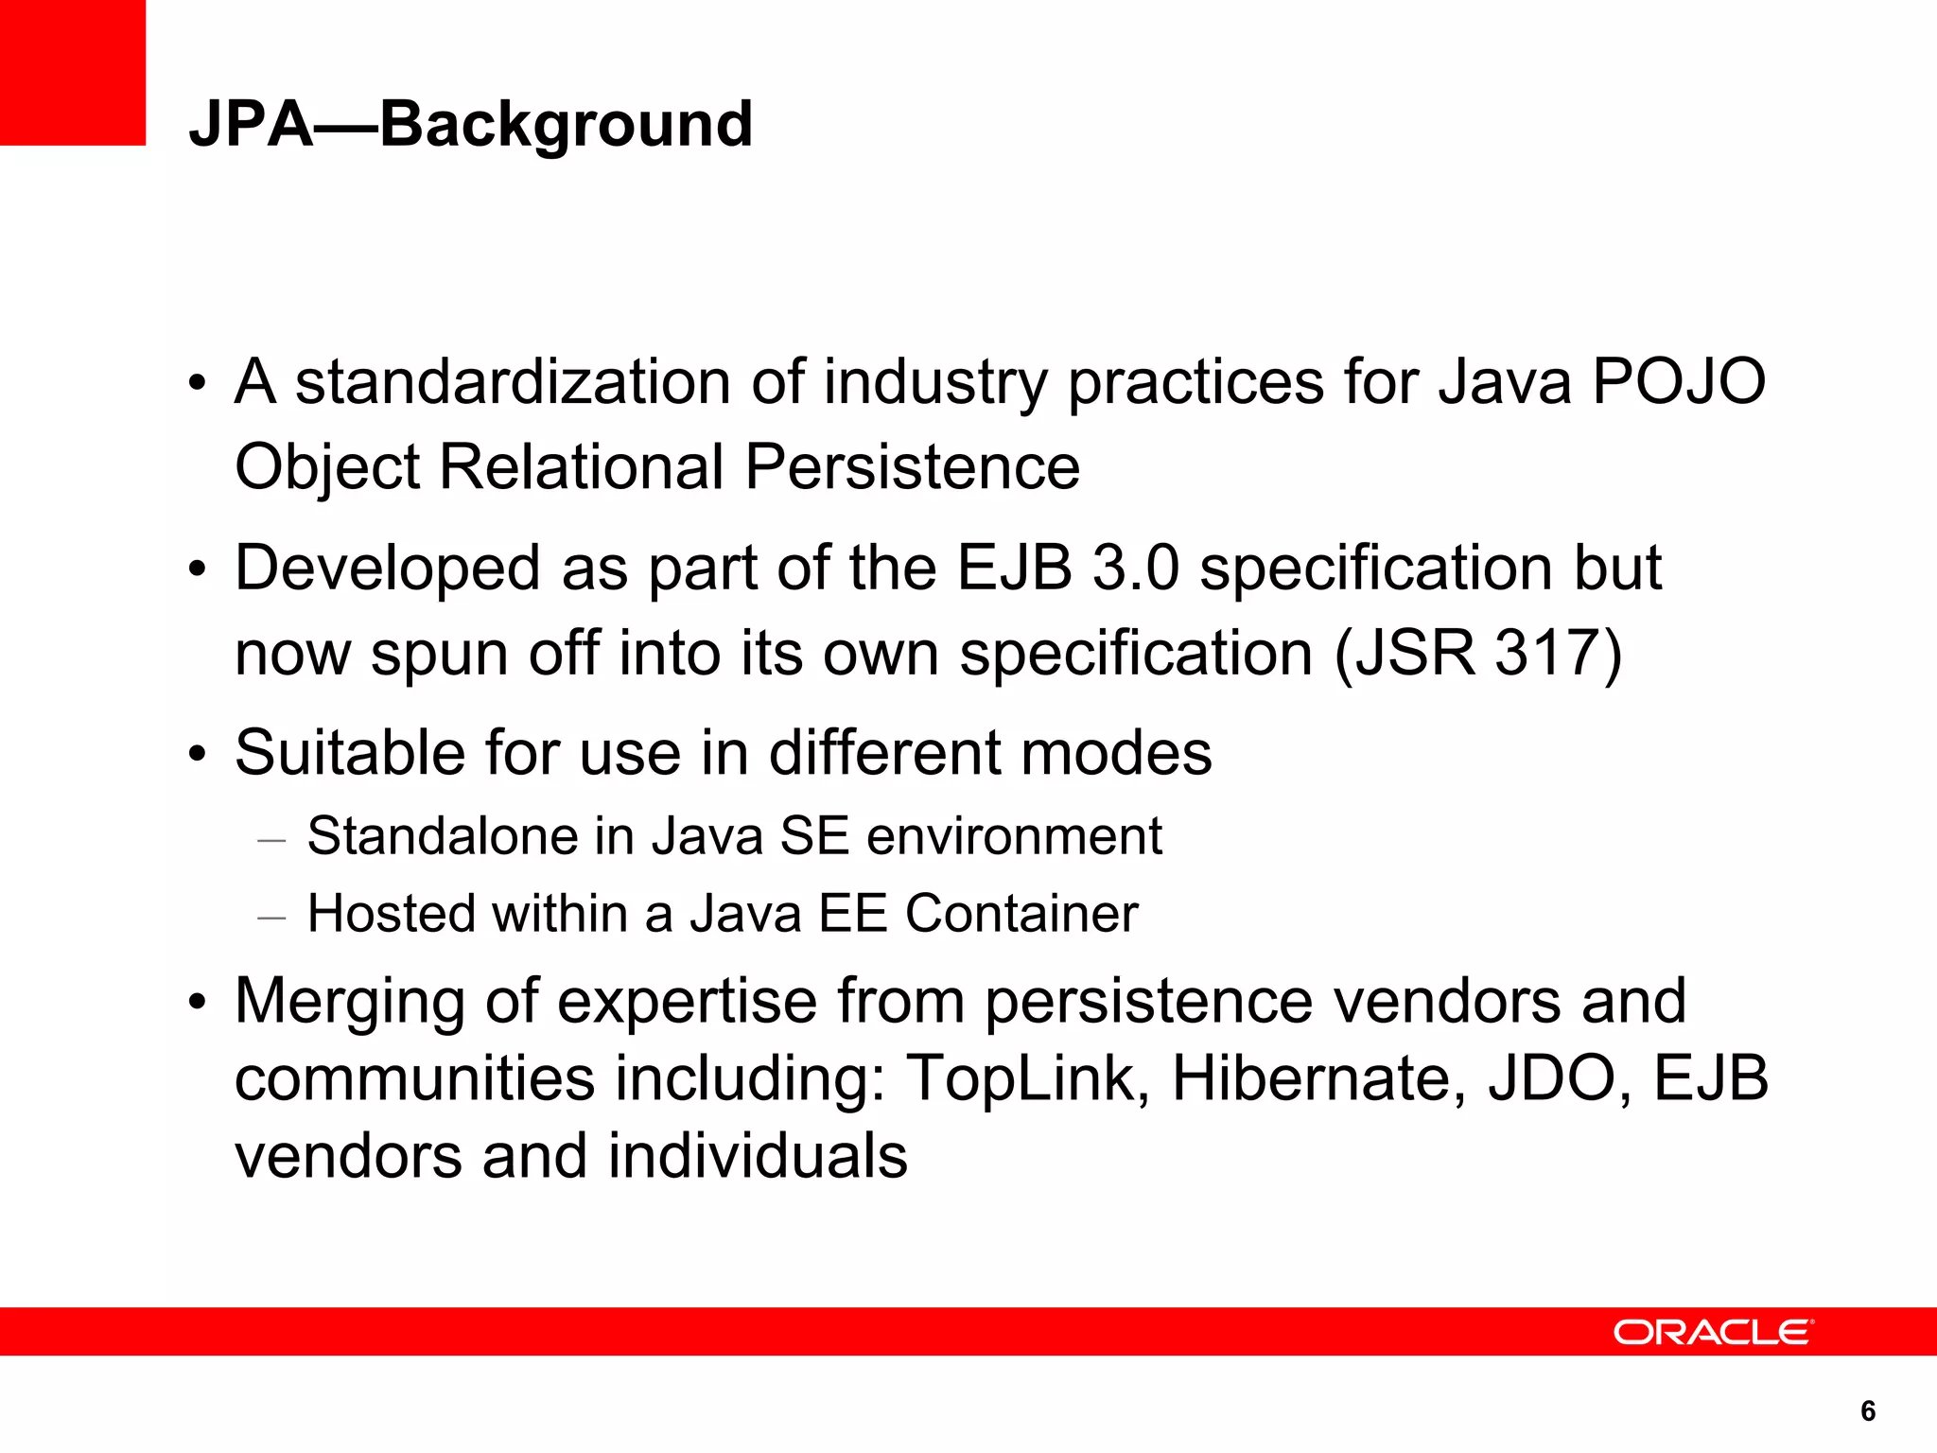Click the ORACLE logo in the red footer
coord(1713,1332)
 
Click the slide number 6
coord(1867,1410)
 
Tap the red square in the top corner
coord(72,72)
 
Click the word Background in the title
coord(566,124)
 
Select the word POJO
coord(1679,382)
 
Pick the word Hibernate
coord(1318,1078)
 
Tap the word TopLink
coord(1020,1078)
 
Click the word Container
coord(1021,914)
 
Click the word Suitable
coord(349,753)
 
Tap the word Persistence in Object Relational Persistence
coord(912,467)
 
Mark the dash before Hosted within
coord(271,917)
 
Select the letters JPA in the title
coord(251,124)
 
